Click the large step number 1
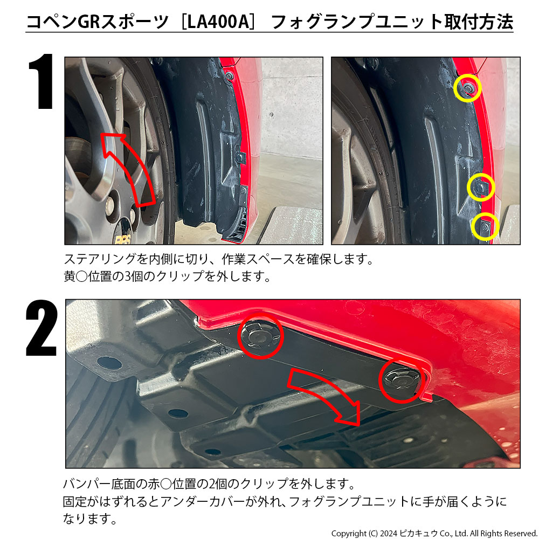[42, 81]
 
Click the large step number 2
[42, 328]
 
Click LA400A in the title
[218, 22]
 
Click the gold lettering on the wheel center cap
[123, 240]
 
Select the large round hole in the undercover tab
[109, 363]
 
